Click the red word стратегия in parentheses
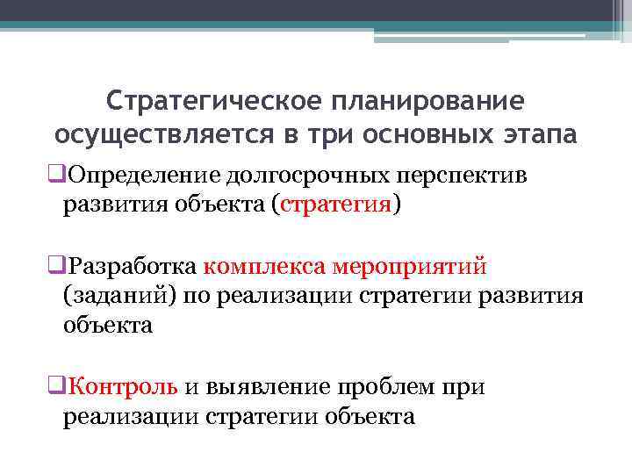tap(336, 205)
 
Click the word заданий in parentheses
tap(122, 295)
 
